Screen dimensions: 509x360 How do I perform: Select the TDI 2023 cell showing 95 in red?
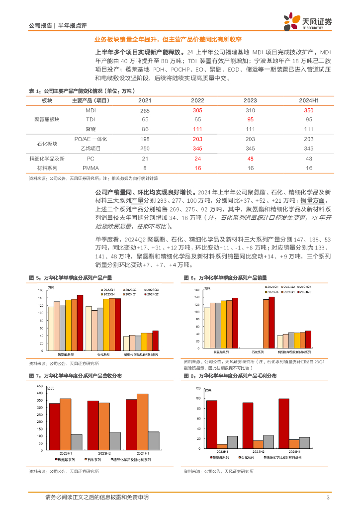(251, 120)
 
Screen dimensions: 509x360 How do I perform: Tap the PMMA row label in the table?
(90, 168)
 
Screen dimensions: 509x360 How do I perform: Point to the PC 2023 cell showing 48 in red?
(251, 159)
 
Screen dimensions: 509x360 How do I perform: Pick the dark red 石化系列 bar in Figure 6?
(271, 322)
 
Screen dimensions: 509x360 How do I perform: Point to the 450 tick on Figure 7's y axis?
(39, 386)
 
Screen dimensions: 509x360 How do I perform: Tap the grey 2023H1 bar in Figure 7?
(77, 441)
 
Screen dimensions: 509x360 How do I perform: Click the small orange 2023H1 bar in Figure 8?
(221, 446)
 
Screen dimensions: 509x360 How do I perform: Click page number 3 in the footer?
(328, 498)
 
